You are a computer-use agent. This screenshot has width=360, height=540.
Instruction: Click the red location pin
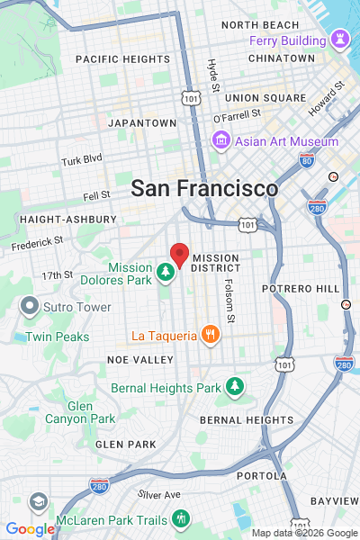[179, 255]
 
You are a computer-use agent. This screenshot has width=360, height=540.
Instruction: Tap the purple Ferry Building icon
[339, 40]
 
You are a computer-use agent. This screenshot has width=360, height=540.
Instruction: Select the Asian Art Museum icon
[219, 141]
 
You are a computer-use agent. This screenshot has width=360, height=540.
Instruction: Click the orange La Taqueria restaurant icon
[211, 336]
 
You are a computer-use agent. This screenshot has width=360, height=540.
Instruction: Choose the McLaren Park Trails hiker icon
[181, 519]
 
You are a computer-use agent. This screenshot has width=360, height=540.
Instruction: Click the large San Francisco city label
[204, 189]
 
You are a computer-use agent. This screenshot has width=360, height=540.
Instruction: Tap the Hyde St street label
[213, 76]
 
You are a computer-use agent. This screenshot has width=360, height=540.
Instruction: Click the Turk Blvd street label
[82, 161]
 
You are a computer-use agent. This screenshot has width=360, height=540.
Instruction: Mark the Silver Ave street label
[159, 495]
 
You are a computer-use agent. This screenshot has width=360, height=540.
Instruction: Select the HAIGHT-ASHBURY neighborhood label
[67, 219]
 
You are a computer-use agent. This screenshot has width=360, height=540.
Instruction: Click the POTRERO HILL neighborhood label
[301, 288]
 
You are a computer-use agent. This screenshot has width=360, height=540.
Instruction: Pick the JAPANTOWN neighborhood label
[142, 122]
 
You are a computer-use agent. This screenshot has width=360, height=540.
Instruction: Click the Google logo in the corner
[30, 529]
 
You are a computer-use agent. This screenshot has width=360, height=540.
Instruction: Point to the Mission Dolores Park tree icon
[165, 270]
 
